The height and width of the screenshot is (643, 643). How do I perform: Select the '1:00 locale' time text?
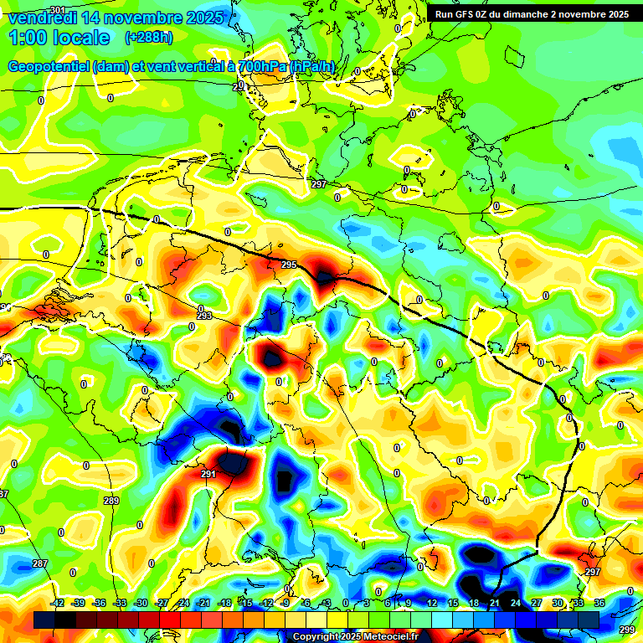pos(59,38)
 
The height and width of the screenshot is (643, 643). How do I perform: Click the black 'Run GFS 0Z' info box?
pos(532,14)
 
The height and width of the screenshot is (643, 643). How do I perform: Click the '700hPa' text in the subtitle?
pos(261,67)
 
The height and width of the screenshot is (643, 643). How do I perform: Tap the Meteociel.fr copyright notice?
pos(355,637)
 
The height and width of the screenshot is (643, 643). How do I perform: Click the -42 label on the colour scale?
pos(58,603)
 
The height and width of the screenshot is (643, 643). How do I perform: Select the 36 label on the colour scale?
pos(599,603)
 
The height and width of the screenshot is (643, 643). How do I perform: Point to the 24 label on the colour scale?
pos(516,603)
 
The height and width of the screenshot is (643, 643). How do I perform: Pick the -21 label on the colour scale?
pos(204,603)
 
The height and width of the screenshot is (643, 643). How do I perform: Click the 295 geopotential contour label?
pos(289,265)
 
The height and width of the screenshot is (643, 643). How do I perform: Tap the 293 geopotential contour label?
pos(204,316)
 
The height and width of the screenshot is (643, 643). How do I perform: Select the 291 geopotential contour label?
pos(208,474)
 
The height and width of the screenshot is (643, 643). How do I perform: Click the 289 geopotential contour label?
pos(111,501)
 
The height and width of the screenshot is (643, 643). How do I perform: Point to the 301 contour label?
pos(57,9)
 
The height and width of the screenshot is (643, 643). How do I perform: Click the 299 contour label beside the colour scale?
pos(626,630)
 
